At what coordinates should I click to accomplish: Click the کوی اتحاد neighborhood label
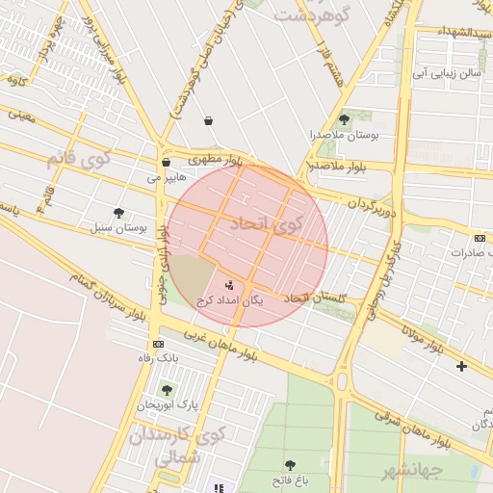(267, 223)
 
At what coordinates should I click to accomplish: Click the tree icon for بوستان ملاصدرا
(344, 119)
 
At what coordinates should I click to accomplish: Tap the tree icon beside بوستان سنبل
(118, 213)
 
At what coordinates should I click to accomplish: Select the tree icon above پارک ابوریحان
(167, 390)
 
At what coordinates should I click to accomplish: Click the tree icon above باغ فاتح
(290, 465)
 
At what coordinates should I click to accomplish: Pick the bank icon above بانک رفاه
(158, 344)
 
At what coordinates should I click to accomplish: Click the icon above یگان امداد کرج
(229, 285)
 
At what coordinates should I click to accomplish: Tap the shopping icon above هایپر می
(167, 163)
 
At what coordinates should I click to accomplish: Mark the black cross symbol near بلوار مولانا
(461, 366)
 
